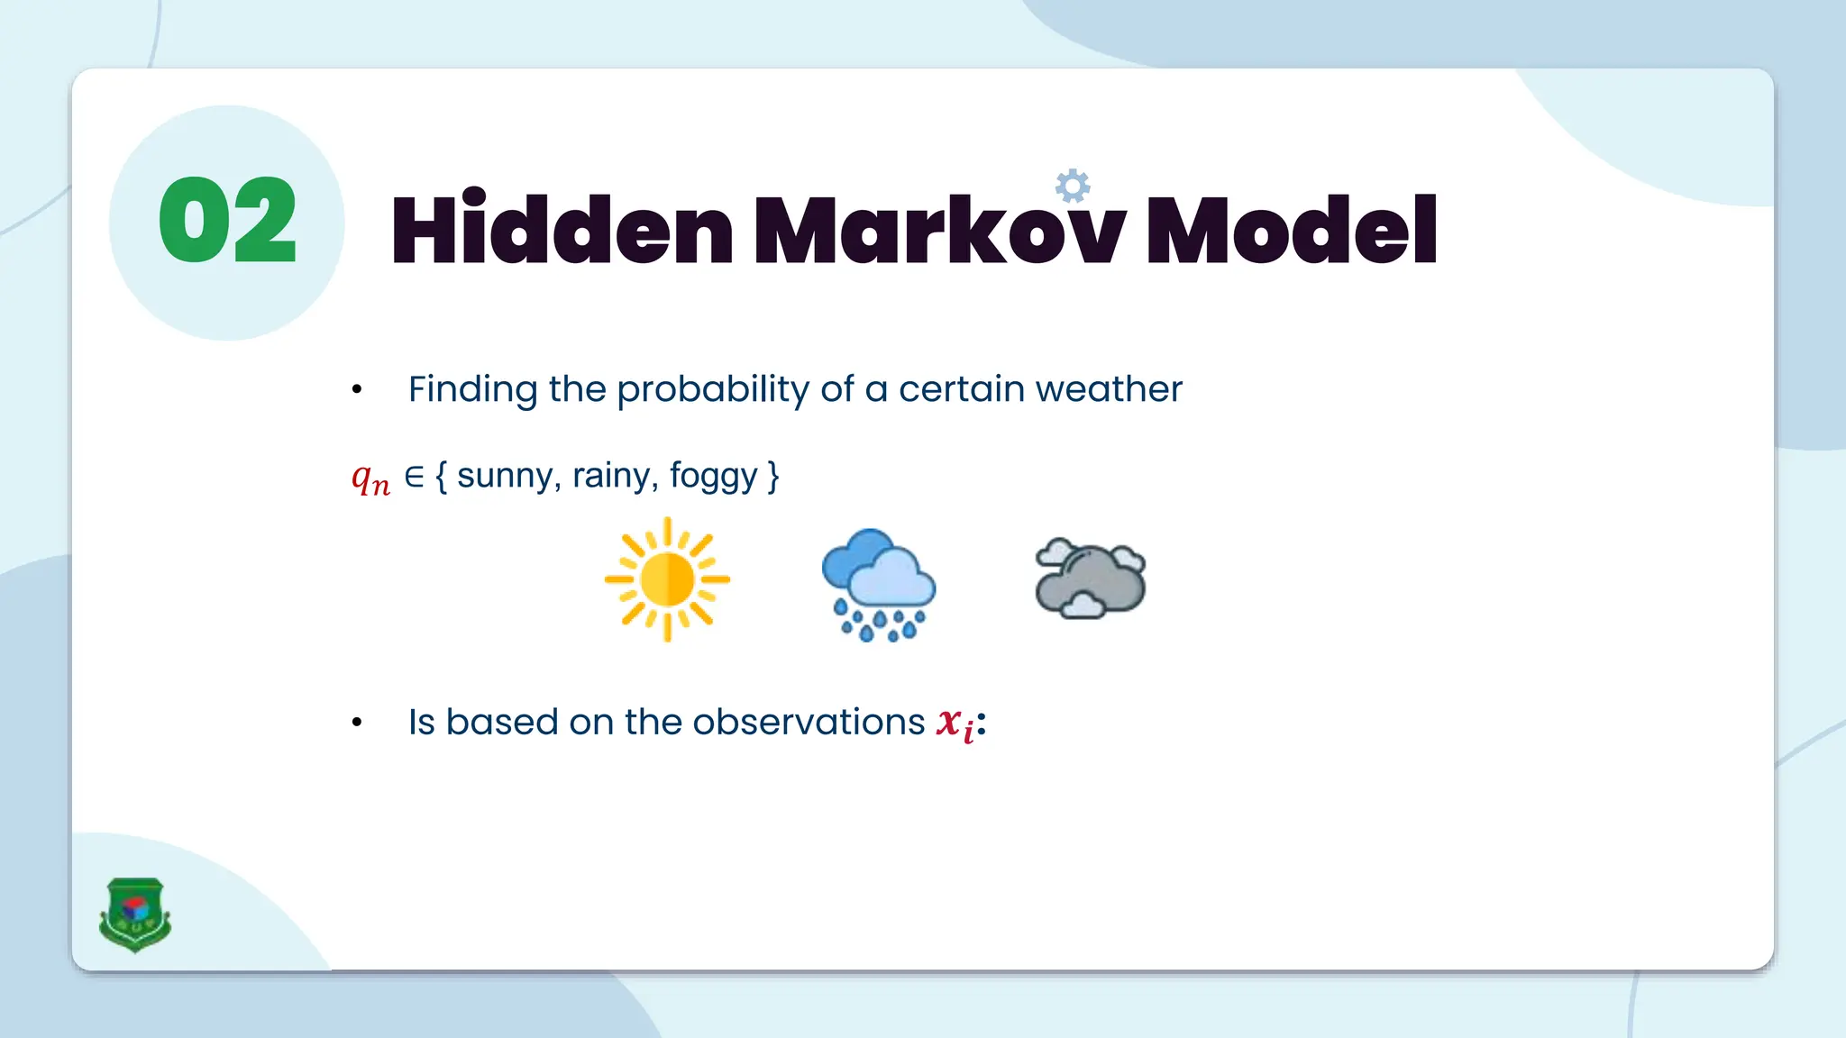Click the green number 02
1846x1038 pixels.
pyautogui.click(x=227, y=221)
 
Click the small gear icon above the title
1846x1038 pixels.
pyautogui.click(x=1073, y=187)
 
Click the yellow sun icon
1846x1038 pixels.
pyautogui.click(x=667, y=579)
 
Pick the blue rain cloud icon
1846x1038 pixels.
pyautogui.click(x=879, y=584)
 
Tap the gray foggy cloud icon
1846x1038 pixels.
pyautogui.click(x=1091, y=579)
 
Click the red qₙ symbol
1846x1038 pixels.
pyautogui.click(x=370, y=478)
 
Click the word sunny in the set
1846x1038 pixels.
pyautogui.click(x=505, y=476)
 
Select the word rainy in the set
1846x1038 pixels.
pyautogui.click(x=611, y=476)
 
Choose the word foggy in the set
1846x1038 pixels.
pyautogui.click(x=713, y=476)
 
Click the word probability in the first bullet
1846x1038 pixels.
pyautogui.click(x=713, y=389)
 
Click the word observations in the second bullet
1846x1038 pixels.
pyautogui.click(x=809, y=722)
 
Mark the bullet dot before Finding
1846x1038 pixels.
pyautogui.click(x=357, y=390)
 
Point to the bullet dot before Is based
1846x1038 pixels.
pyautogui.click(x=357, y=723)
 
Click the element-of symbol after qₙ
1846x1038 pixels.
pyautogui.click(x=414, y=476)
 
